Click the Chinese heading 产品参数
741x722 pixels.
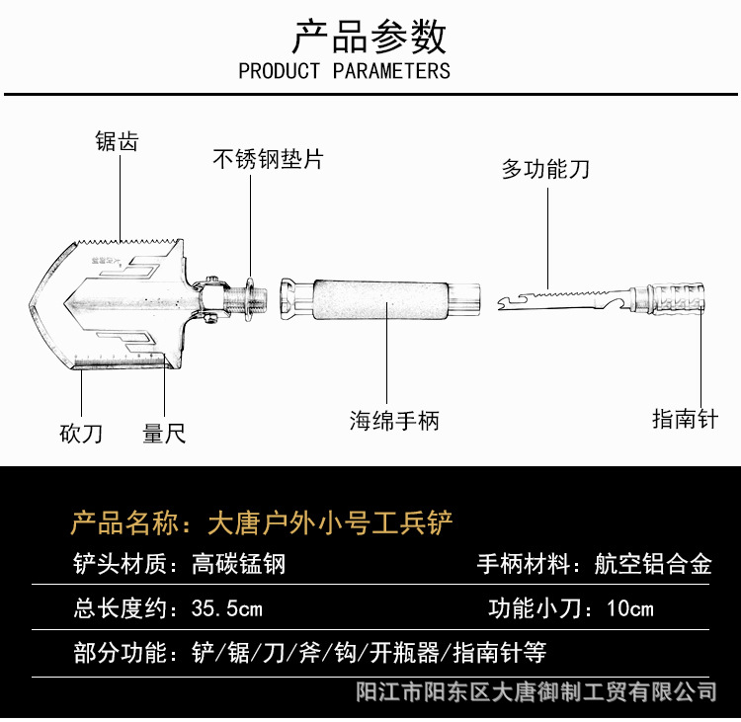pos(370,37)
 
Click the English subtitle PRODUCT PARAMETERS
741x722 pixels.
pos(344,71)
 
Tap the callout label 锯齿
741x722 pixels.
pos(117,141)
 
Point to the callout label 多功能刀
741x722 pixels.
pos(545,169)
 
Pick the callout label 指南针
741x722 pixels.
pos(685,419)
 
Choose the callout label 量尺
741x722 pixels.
pos(164,433)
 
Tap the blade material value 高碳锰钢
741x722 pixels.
pos(238,565)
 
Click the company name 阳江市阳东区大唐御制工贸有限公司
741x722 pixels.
pos(535,691)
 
